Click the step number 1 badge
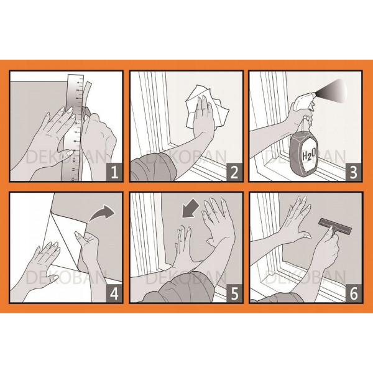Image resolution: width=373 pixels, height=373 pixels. coord(114,172)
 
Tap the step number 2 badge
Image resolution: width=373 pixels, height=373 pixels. coord(234,172)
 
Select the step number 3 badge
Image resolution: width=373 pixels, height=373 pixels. coord(354,172)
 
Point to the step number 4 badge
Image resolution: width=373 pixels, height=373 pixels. coord(114,293)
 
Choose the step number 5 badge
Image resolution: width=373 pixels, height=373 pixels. coord(234,293)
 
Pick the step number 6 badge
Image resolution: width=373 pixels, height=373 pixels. coord(354,293)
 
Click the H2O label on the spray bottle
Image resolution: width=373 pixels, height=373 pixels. coord(309,155)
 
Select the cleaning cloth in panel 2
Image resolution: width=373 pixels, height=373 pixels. coord(207,108)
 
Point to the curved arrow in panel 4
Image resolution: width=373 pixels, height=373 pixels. coord(102,213)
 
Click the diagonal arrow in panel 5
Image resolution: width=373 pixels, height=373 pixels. coord(190,209)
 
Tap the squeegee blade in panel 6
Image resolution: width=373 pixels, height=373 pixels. coord(336,226)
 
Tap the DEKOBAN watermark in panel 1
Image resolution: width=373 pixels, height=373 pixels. coord(66,157)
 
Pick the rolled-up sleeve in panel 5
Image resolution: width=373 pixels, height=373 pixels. coord(181,289)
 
